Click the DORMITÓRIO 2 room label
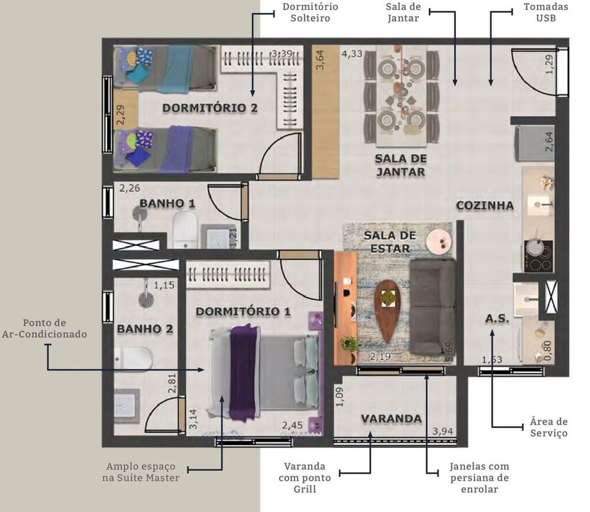click(210, 108)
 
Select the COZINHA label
click(484, 206)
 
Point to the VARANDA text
click(391, 419)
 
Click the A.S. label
click(497, 319)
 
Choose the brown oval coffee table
click(387, 310)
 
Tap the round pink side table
click(439, 241)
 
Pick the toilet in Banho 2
click(134, 359)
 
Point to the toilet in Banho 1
click(185, 230)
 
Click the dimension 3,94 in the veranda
click(442, 432)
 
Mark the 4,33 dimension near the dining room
click(352, 54)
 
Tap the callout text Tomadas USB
click(545, 12)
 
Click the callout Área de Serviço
click(548, 428)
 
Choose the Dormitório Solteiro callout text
click(310, 12)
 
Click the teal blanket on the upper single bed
click(175, 69)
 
